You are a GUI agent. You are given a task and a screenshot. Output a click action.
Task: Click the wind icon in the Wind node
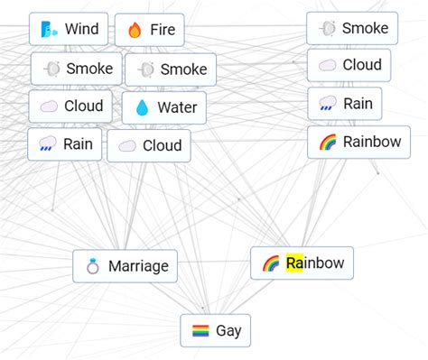tap(47, 30)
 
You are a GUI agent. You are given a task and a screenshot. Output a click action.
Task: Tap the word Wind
tap(81, 29)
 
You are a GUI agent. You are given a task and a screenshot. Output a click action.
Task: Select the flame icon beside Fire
tap(135, 30)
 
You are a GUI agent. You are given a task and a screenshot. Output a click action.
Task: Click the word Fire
tap(163, 30)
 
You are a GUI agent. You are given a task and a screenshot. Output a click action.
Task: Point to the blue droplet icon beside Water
tap(142, 108)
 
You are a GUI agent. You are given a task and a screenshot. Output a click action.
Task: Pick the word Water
tap(177, 108)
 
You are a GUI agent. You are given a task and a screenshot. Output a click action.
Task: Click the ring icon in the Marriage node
tap(92, 266)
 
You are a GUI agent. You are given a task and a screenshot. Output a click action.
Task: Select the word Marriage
tap(138, 266)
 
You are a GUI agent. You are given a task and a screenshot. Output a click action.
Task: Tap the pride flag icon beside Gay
tap(200, 331)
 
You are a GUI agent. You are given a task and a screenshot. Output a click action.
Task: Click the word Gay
tap(228, 331)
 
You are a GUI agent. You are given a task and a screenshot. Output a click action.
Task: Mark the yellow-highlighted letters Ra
tap(294, 263)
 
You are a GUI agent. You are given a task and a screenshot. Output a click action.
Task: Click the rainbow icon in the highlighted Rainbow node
tap(270, 263)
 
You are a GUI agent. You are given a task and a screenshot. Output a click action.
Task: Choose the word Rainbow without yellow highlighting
tap(372, 142)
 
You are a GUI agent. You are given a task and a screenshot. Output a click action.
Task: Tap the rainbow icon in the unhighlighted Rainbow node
tap(328, 143)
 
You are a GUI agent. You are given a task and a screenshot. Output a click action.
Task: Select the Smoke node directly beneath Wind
tap(77, 69)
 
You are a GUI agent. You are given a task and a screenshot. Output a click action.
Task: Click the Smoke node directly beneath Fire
tap(171, 69)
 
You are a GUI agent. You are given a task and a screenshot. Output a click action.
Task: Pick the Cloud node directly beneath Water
tap(149, 145)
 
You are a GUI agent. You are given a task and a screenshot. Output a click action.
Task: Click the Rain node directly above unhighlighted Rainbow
tap(345, 104)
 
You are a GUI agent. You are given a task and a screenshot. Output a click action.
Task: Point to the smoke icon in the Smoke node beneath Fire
tap(146, 69)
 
